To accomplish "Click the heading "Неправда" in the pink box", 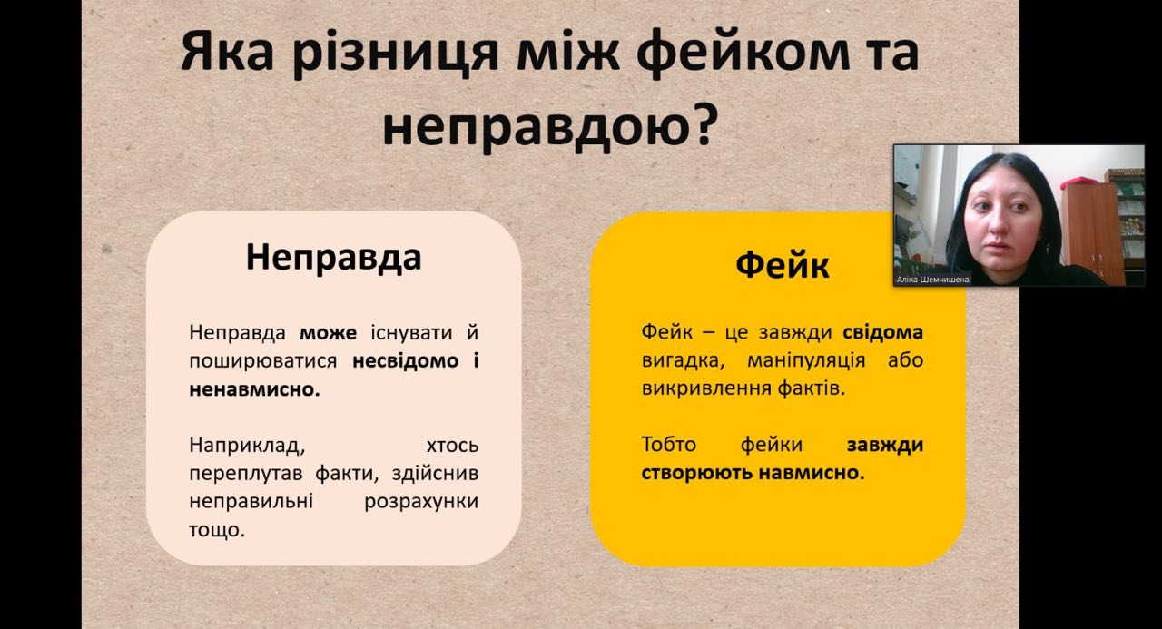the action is coord(333,258).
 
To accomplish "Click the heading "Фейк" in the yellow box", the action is coord(783,266).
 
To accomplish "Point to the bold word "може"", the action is coord(329,333).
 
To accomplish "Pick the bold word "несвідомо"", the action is coord(406,361).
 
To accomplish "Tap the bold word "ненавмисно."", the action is coord(254,389).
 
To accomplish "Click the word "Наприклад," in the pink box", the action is coord(247,446).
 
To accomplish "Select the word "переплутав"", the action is coord(246,474).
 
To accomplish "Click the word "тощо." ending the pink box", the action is coord(217,530).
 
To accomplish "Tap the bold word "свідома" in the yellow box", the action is coord(883,332).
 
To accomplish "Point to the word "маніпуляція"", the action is coord(806,360).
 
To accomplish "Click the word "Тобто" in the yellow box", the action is coord(669,445).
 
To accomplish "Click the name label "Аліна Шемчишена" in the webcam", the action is coord(932,280).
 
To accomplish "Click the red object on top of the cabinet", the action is coord(1079,182).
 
